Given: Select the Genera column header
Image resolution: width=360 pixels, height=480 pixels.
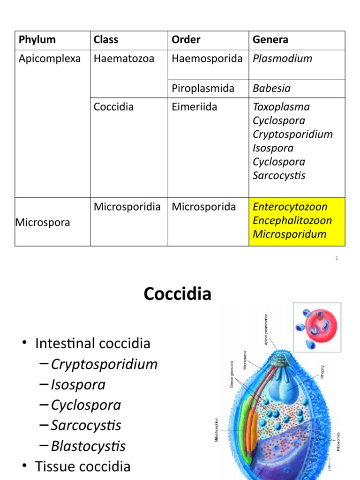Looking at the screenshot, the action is (270, 40).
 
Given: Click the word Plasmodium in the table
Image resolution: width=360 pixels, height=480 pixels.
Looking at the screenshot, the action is (282, 59).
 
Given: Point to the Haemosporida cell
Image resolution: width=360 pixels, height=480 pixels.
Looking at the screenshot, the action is (207, 59).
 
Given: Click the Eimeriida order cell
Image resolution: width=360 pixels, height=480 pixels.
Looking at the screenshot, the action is (194, 107).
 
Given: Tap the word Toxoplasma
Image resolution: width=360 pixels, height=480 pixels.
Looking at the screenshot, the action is (281, 107).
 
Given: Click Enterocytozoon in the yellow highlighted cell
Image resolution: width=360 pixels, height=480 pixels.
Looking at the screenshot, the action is (290, 207).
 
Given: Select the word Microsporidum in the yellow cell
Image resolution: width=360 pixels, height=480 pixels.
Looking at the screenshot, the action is (289, 234).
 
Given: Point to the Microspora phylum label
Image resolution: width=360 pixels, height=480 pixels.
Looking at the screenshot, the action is (43, 222).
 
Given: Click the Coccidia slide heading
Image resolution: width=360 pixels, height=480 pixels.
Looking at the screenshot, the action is (178, 294).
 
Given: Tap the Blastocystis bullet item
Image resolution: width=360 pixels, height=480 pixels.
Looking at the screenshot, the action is (88, 446).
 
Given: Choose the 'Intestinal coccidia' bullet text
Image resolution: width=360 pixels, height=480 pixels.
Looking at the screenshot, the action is (92, 344).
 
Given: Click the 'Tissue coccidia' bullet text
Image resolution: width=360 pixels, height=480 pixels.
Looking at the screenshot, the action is (82, 466).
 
